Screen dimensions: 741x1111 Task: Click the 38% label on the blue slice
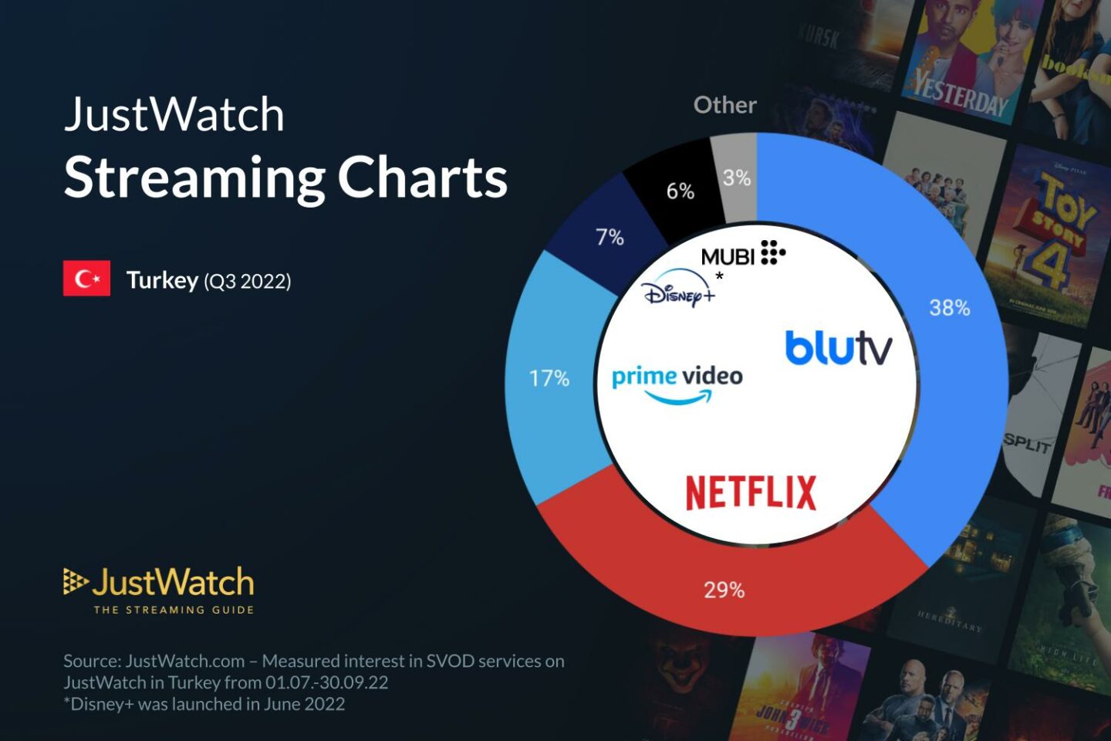click(949, 308)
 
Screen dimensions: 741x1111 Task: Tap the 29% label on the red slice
click(724, 590)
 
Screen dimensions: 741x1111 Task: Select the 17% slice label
click(549, 378)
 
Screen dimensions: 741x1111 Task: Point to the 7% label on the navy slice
click(610, 237)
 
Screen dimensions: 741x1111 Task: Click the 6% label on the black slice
click(680, 191)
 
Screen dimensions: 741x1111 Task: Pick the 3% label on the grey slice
click(737, 178)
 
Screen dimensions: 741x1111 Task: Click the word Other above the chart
click(724, 105)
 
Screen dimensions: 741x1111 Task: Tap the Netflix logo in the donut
click(750, 492)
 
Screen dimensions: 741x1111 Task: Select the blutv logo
click(838, 348)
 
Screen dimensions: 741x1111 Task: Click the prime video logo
click(677, 383)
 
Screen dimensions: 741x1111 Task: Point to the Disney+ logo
click(677, 290)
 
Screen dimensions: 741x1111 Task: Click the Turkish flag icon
click(86, 279)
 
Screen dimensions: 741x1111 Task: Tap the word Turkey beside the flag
click(162, 280)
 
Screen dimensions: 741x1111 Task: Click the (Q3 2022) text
click(248, 281)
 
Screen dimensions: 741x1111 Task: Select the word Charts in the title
click(422, 178)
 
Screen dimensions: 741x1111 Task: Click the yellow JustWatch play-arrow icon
click(75, 581)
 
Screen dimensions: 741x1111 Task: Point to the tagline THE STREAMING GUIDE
click(174, 610)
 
